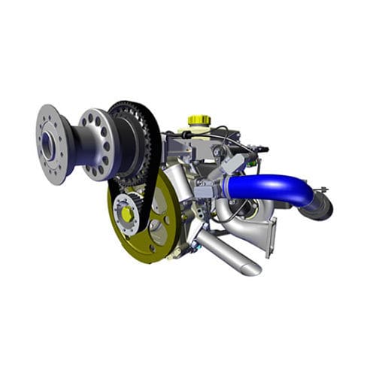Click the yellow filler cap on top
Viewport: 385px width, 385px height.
tap(199, 120)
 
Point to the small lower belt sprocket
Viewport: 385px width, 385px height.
tap(129, 212)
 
